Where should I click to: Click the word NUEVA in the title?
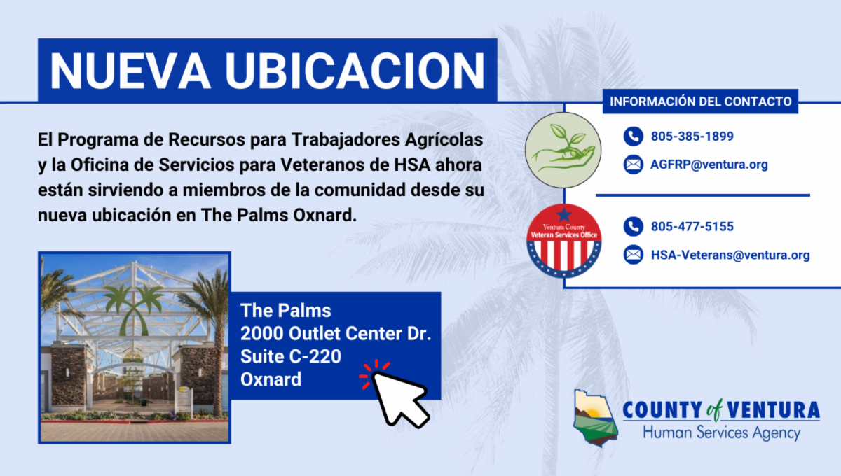[x=130, y=71]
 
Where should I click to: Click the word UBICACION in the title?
[x=355, y=71]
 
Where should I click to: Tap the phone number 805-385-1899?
[x=692, y=136]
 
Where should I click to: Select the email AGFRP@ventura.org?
[x=709, y=164]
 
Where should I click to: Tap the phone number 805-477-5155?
[x=692, y=226]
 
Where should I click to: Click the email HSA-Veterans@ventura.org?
[x=730, y=255]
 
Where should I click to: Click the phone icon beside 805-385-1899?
[x=634, y=136]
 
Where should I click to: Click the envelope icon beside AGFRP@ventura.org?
[x=634, y=164]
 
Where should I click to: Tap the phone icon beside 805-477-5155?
[x=634, y=227]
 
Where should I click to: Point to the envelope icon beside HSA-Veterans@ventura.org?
[x=634, y=255]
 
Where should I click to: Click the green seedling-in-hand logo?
[x=563, y=150]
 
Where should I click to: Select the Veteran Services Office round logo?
[x=563, y=241]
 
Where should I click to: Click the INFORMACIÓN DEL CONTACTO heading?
[x=700, y=101]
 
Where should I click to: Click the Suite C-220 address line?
[x=291, y=356]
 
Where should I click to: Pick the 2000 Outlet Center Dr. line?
[x=336, y=333]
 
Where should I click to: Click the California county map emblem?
[x=595, y=418]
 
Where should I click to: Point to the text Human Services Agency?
[x=721, y=433]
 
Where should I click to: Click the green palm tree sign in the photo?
[x=133, y=308]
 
